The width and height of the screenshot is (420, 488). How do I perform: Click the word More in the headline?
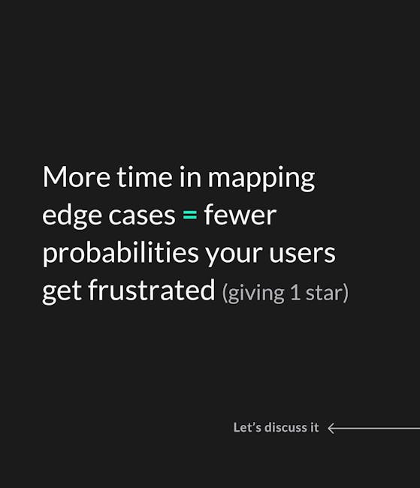point(77,176)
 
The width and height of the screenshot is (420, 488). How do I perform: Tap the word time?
point(144,176)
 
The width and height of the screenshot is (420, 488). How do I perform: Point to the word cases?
point(142,216)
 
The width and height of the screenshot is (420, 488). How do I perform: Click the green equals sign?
point(190,215)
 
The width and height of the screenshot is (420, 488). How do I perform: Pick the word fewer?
point(240,214)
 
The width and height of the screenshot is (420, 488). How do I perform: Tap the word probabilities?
point(120,254)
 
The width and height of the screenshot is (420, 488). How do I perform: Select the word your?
point(234,255)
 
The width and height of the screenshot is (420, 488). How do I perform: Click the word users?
point(302,254)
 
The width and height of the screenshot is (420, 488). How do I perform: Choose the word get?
point(62,292)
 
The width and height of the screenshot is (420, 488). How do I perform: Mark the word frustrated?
point(152,290)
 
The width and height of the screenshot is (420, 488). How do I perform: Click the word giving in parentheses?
point(253,294)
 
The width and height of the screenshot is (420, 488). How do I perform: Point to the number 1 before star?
point(295,293)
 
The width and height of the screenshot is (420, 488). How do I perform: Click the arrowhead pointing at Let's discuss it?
point(331,428)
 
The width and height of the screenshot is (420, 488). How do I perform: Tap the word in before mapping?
point(190,176)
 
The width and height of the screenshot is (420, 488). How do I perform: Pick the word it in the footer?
point(314,427)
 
